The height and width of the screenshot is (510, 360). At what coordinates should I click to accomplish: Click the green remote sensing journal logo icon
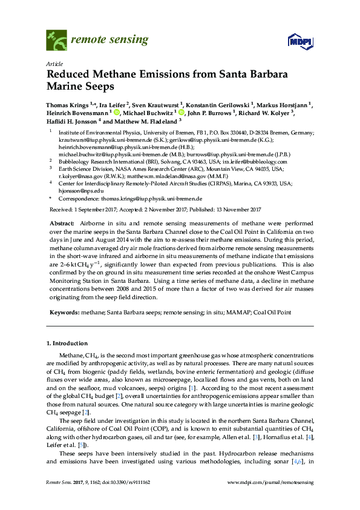[56, 41]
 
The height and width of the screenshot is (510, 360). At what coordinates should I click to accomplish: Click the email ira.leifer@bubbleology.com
[255, 162]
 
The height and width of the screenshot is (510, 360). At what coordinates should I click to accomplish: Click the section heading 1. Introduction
[67, 343]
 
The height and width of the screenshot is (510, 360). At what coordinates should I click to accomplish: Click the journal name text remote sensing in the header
[110, 41]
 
